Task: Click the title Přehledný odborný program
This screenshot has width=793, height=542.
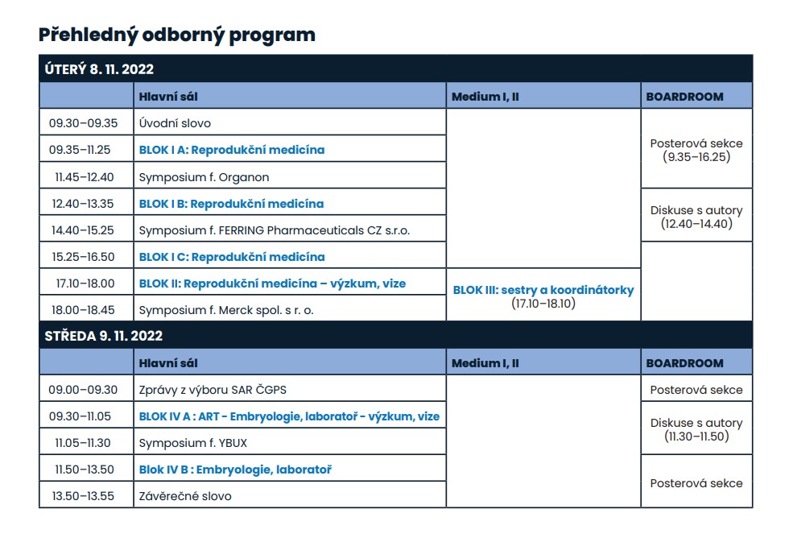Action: pos(176,35)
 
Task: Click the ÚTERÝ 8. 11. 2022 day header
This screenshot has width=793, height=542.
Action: pos(99,69)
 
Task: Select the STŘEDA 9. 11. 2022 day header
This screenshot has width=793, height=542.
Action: pos(104,336)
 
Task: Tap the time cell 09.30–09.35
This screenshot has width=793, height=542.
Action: pos(84,123)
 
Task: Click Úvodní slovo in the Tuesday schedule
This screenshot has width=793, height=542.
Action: pos(175,123)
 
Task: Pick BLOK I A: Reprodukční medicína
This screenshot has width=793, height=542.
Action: pos(232,150)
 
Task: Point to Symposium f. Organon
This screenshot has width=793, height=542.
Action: pos(204,176)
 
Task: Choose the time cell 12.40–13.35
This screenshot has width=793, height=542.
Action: pos(84,204)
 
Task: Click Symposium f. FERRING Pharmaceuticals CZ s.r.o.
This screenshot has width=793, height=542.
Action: pos(274,230)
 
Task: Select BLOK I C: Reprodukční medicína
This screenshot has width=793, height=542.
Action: pos(232,257)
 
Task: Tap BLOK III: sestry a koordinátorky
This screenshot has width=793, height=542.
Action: pos(543,290)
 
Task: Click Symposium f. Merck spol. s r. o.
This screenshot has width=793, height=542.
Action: pos(226,310)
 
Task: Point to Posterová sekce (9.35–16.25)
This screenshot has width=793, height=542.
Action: pos(696,150)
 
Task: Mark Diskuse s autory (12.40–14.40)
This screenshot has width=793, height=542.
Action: pos(696,217)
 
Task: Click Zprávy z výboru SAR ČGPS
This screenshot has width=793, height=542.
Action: pos(213,390)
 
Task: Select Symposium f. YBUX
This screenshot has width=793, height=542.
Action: pos(192,443)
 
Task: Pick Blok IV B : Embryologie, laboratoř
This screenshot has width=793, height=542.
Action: pos(235,470)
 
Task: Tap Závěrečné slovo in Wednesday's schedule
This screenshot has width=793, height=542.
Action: pos(185,496)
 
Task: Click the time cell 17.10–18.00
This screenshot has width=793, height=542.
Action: pos(84,283)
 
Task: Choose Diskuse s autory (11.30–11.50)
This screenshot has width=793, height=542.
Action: pos(696,429)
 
